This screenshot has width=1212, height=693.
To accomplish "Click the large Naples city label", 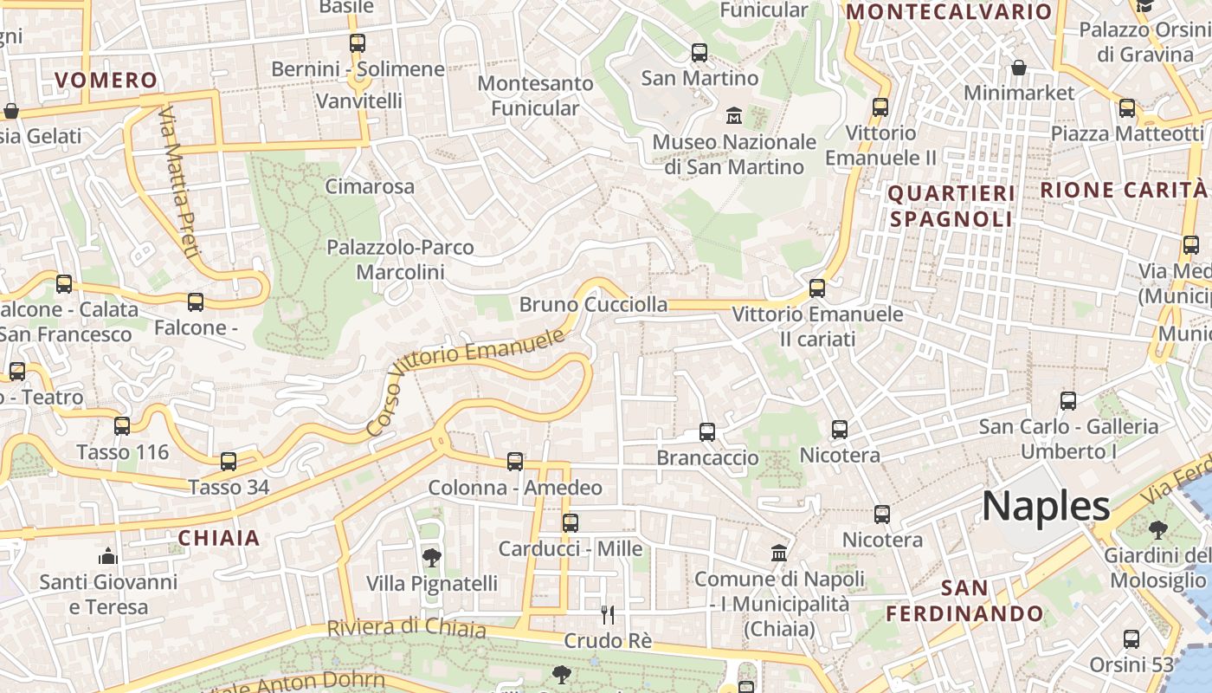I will pyautogui.click(x=1046, y=506).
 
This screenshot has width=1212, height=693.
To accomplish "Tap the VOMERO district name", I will pyautogui.click(x=106, y=81).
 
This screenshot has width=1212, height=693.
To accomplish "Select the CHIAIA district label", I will pyautogui.click(x=219, y=538).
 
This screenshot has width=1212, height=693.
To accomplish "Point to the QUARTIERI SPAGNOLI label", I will pyautogui.click(x=951, y=206).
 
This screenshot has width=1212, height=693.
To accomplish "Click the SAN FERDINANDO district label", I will pyautogui.click(x=964, y=601).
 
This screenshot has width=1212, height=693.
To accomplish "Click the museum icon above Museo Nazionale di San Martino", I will pyautogui.click(x=734, y=114).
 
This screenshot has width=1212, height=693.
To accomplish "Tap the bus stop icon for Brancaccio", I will pyautogui.click(x=707, y=431).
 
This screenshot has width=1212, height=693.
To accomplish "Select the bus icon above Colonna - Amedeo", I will pyautogui.click(x=515, y=462).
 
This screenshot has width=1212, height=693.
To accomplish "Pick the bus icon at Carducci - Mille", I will pyautogui.click(x=570, y=522).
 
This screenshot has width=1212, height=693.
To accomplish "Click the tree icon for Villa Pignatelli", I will pyautogui.click(x=431, y=557).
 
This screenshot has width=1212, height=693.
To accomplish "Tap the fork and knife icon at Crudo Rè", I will pyautogui.click(x=608, y=615).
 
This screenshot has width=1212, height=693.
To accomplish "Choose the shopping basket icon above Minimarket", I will pyautogui.click(x=1019, y=67).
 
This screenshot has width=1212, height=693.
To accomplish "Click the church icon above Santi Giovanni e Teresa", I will pyautogui.click(x=108, y=555).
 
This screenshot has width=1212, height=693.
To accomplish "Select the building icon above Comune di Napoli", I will pyautogui.click(x=779, y=553).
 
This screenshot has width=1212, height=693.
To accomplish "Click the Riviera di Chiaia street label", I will pyautogui.click(x=406, y=627).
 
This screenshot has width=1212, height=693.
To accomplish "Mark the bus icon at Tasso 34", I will pyautogui.click(x=229, y=461).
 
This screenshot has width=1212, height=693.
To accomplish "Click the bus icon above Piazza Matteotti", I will pyautogui.click(x=1126, y=108).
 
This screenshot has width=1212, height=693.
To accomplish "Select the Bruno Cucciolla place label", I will pyautogui.click(x=593, y=304).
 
